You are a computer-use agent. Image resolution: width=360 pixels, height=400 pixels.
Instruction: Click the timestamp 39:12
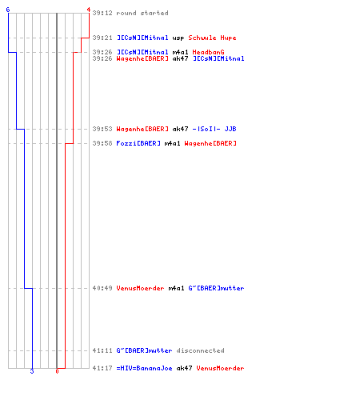coord(102,13)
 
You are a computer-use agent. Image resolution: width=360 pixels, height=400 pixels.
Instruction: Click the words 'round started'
coord(142,13)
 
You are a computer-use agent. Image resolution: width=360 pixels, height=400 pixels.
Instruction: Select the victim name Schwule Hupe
coord(212,38)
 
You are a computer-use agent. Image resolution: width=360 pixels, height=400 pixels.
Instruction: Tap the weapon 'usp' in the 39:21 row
coord(178,38)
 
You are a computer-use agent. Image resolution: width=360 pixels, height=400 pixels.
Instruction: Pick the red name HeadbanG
coord(208,52)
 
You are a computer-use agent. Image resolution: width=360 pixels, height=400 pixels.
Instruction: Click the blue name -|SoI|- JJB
coord(214,129)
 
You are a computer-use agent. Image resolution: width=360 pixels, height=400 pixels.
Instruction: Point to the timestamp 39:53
coord(102,129)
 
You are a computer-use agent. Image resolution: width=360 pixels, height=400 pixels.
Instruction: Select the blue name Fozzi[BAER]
coord(138,143)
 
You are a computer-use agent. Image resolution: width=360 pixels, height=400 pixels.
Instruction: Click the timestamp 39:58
coord(102,143)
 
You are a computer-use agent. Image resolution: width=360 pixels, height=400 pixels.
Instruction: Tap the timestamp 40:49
coord(102,288)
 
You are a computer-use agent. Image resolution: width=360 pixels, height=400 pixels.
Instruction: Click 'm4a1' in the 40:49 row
coord(176,288)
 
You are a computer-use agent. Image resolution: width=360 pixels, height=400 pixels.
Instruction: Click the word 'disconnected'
coord(200,350)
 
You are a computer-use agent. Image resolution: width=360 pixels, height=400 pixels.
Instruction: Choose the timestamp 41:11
coord(102,350)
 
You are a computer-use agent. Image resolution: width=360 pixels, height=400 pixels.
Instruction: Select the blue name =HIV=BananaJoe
coord(144,368)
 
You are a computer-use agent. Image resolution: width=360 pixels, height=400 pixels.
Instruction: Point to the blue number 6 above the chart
coord(8,10)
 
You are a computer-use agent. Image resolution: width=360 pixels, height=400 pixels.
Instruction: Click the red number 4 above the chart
coord(89,10)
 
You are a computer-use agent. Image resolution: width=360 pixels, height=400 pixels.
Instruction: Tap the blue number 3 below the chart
coord(32,371)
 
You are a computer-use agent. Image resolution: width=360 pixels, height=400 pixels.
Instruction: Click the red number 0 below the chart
coord(57,371)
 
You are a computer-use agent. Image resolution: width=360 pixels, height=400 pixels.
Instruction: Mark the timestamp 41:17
coord(102,368)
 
